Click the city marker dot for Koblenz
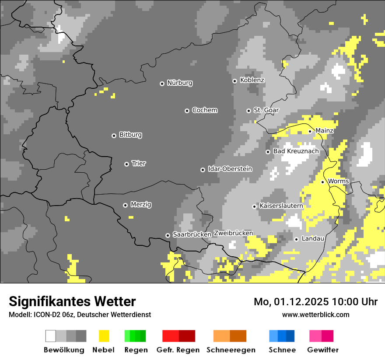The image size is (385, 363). click(x=234, y=81)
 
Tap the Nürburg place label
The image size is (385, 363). click(x=179, y=83)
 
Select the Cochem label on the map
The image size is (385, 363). click(x=204, y=110)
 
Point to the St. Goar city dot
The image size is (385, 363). click(x=248, y=111)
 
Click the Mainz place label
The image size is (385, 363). click(x=324, y=131)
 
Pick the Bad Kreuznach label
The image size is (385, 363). click(x=296, y=151)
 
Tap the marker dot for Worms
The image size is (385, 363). click(x=322, y=182)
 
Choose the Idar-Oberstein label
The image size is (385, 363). click(x=230, y=169)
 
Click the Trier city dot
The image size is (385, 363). click(x=126, y=164)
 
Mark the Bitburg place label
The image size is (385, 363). click(x=130, y=135)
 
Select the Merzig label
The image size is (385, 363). click(x=141, y=204)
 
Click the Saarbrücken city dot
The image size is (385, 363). click(x=168, y=235)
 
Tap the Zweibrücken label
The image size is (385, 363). click(x=233, y=233)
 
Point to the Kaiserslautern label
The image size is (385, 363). click(x=281, y=206)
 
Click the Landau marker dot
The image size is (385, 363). click(x=296, y=239)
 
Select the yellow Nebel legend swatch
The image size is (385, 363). click(x=104, y=336)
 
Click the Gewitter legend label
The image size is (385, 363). click(x=323, y=350)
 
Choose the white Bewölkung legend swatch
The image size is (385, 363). click(x=51, y=336)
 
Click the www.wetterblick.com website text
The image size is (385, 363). click(x=315, y=314)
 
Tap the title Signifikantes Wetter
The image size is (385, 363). click(x=72, y=301)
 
